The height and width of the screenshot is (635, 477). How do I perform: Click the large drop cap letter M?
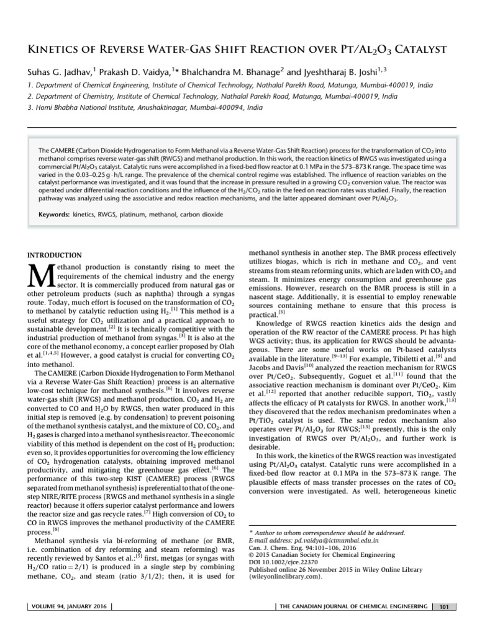pyautogui.click(x=39, y=276)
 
